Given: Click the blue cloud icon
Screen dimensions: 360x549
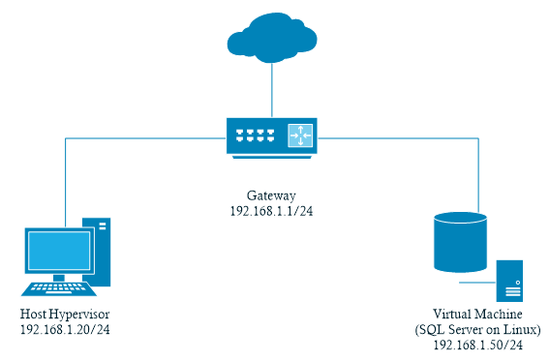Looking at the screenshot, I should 272,38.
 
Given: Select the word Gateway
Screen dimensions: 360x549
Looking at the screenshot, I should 272,195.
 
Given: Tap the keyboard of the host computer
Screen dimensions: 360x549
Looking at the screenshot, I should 60,287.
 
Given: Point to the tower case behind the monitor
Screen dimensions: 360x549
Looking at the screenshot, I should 100,250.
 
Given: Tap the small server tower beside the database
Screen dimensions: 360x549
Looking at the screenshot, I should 510,281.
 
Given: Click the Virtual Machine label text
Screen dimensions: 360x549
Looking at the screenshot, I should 477,315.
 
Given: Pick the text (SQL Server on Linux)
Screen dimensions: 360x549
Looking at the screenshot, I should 477,330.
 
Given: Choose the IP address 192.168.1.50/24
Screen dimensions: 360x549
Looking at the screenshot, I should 477,345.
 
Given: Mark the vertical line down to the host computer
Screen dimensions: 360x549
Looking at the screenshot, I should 65,179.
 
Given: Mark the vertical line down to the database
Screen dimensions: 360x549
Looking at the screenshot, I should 479,174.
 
